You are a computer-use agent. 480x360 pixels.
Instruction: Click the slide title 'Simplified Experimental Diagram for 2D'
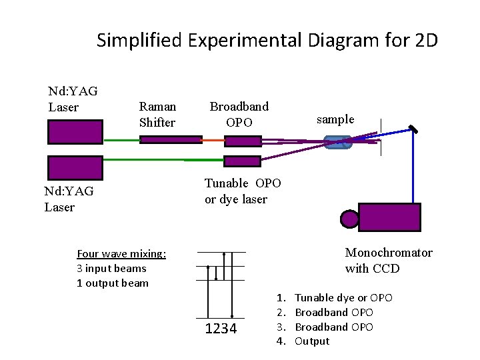pos(267,41)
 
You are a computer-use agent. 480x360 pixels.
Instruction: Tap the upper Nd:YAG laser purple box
pos(75,131)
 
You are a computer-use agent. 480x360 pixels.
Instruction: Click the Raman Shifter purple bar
pos(171,140)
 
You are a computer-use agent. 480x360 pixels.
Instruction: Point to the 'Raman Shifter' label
pos(157,114)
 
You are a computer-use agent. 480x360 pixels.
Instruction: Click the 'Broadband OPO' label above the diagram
pos(239,114)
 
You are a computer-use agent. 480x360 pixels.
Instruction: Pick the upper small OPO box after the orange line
pos(243,141)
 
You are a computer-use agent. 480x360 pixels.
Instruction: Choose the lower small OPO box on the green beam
pos(243,161)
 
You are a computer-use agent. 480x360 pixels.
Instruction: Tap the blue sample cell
pos(337,141)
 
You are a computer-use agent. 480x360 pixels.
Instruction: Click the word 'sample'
pos(335,119)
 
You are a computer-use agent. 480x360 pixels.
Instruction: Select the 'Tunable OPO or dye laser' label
pos(243,191)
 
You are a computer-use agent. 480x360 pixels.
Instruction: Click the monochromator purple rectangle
pos(390,217)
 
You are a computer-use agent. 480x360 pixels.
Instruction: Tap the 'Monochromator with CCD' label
pos(389,261)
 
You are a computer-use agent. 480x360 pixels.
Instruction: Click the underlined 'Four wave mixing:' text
pos(121,253)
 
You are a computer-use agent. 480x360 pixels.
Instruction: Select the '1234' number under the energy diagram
pos(221,329)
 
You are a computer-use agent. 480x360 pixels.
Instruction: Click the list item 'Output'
pos(312,341)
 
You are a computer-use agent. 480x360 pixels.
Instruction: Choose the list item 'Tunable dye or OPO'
pos(343,297)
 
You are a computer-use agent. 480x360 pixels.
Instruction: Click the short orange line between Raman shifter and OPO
pos(213,140)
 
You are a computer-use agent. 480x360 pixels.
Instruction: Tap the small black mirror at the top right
pos(414,129)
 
